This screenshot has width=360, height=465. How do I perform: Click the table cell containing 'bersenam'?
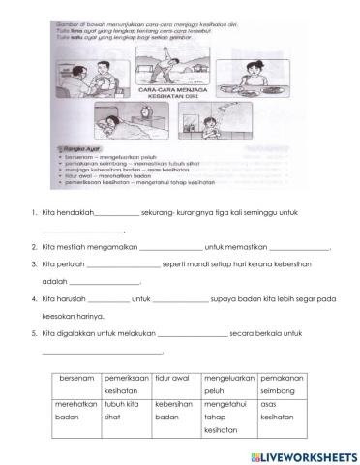pos(75,378)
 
